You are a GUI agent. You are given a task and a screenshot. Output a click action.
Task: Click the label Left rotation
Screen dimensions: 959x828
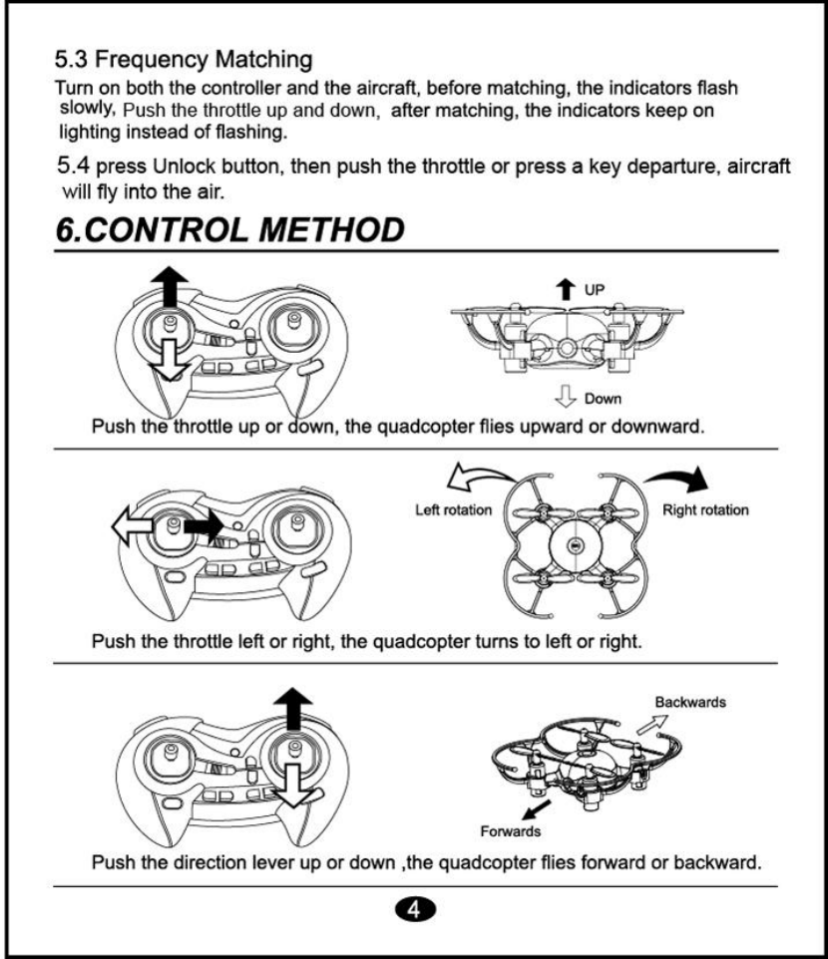(x=453, y=510)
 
